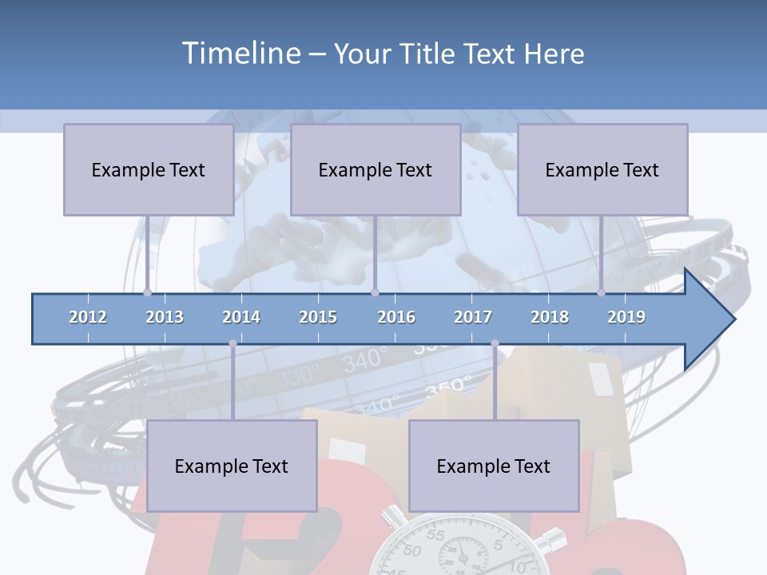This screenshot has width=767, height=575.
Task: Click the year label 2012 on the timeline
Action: click(x=88, y=317)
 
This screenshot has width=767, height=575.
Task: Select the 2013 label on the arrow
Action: click(x=165, y=317)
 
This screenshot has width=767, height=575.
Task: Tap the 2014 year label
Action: click(x=241, y=317)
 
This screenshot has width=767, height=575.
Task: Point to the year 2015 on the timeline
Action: click(x=318, y=317)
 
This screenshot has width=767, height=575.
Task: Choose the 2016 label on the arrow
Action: click(x=396, y=317)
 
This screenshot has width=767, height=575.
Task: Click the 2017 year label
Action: click(x=473, y=317)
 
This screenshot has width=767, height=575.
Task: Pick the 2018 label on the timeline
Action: click(x=550, y=317)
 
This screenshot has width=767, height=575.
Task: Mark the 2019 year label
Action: click(x=626, y=317)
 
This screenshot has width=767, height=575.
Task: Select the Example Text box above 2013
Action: click(x=149, y=169)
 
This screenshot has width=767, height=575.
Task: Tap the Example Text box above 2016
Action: click(x=376, y=169)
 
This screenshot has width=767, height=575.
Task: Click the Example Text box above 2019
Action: click(x=602, y=169)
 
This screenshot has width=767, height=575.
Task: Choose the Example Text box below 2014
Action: click(x=232, y=466)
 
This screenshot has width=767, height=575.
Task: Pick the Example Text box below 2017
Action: click(x=494, y=466)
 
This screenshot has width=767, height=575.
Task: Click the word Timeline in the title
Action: click(x=240, y=54)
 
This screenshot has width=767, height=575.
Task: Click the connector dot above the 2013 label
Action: click(x=148, y=292)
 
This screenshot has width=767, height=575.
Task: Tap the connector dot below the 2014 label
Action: click(x=232, y=343)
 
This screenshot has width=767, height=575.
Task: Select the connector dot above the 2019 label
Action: click(x=602, y=292)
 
